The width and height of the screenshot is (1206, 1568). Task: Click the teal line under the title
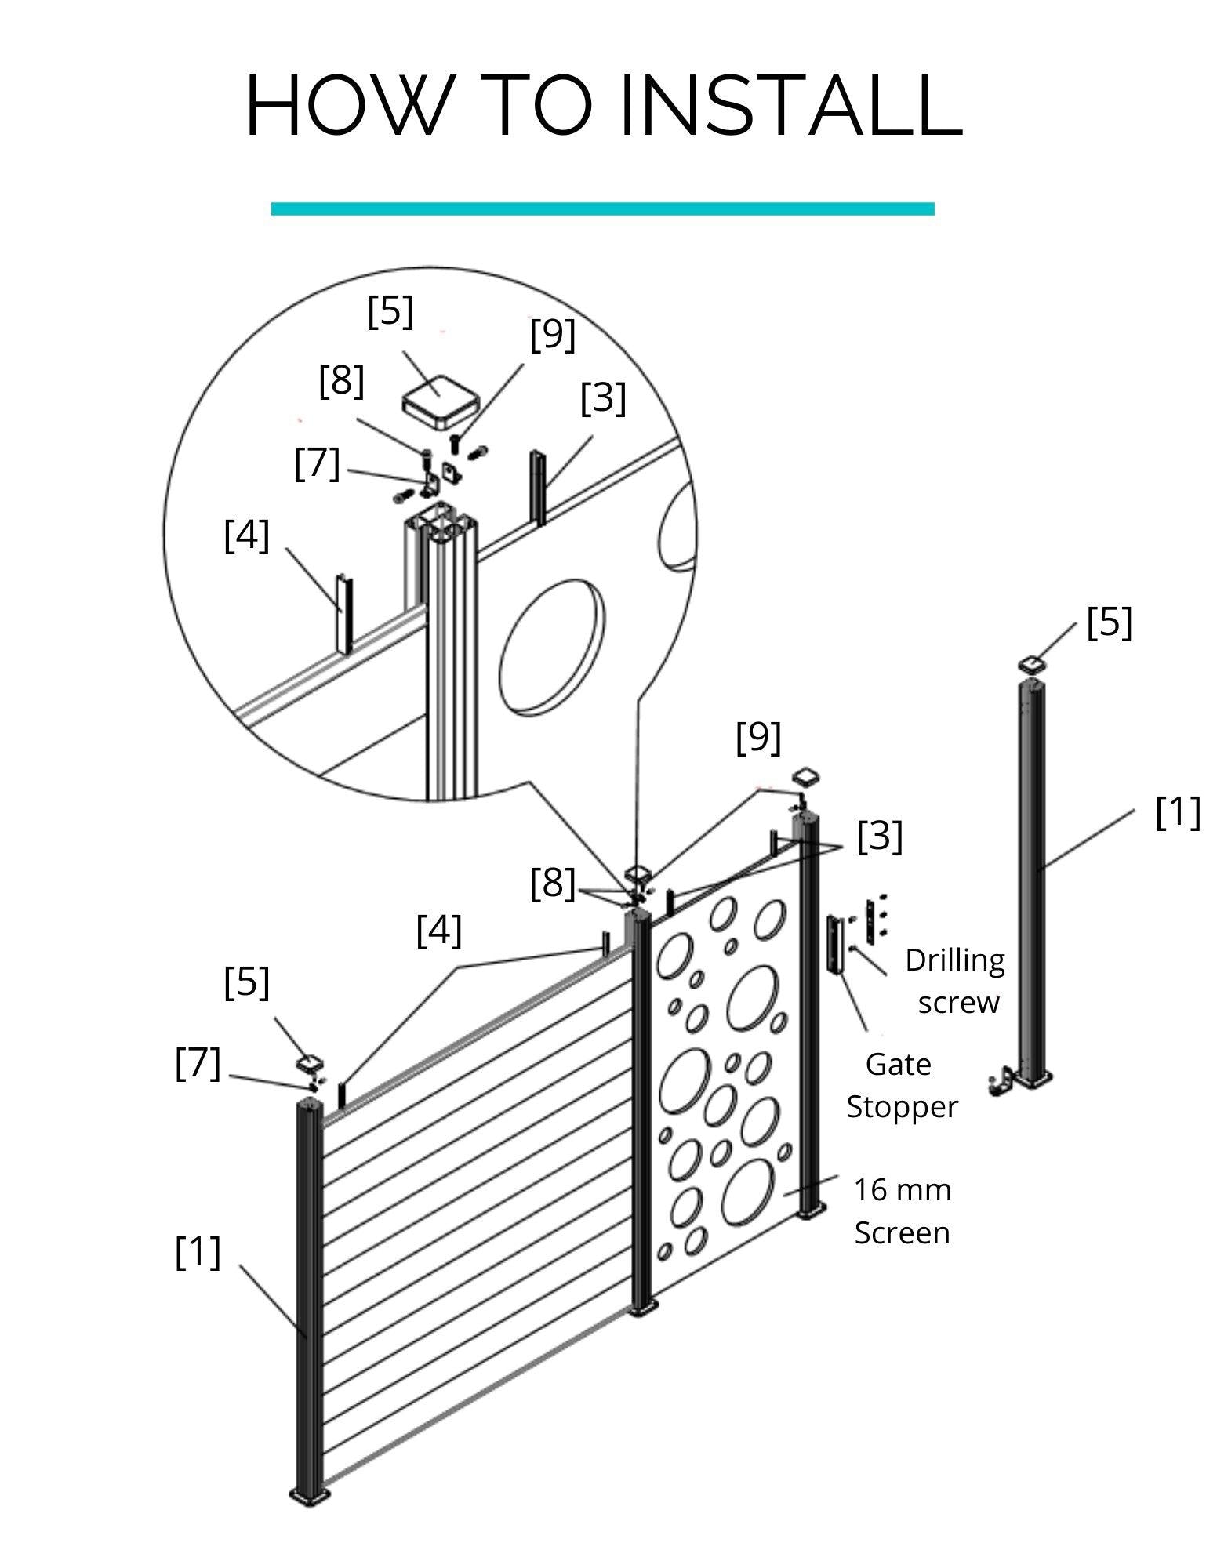point(602,209)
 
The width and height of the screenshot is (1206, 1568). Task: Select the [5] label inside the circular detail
point(390,311)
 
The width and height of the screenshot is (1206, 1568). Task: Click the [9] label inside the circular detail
point(553,335)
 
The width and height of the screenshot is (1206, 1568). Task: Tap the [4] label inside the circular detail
point(247,536)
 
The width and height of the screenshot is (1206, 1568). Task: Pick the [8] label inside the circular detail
point(342,382)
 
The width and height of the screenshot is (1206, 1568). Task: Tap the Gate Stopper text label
point(902,1085)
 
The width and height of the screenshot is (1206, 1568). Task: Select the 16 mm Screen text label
point(903,1211)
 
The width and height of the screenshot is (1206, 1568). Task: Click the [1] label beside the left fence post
point(198,1252)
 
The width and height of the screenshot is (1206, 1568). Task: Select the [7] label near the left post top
point(198,1064)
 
